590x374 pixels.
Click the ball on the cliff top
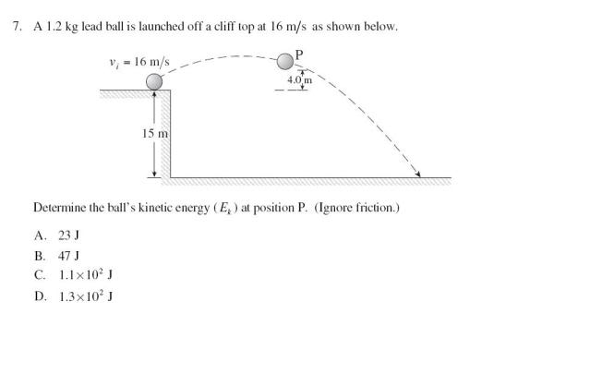154,81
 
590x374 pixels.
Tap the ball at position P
285,62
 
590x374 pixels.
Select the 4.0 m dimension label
301,80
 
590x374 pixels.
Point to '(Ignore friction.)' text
356,208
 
